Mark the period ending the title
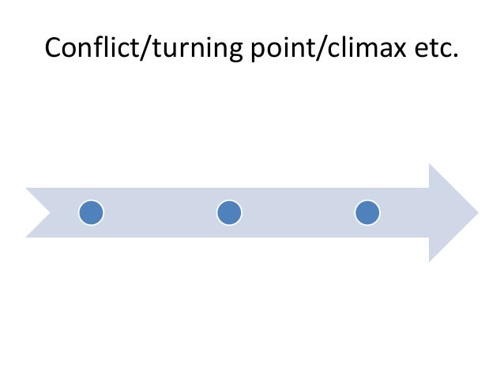coord(454,58)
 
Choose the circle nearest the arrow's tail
coord(91,212)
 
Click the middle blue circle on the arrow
coord(229,212)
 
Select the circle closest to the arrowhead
coord(367,212)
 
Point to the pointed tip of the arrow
coord(476,212)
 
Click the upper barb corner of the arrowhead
coord(430,165)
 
